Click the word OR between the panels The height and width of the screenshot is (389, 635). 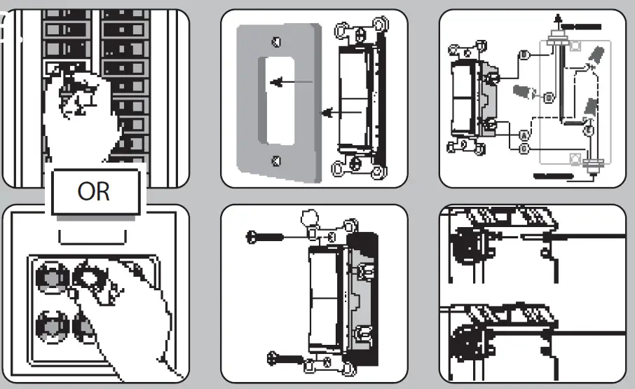[94, 191]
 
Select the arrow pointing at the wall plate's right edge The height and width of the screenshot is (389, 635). [329, 111]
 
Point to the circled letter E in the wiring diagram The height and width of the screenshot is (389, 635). [589, 130]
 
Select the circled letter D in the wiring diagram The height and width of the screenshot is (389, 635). [549, 95]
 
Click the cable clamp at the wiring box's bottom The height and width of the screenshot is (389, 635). [594, 166]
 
